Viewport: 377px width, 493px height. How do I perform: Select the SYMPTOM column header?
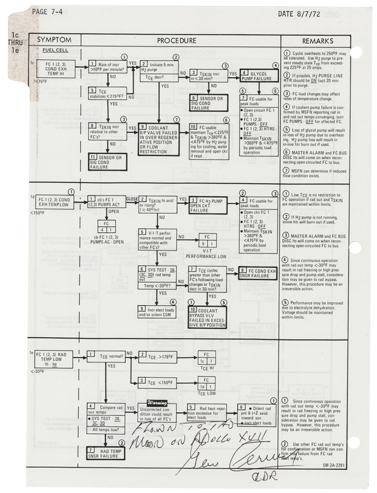tap(54, 39)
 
